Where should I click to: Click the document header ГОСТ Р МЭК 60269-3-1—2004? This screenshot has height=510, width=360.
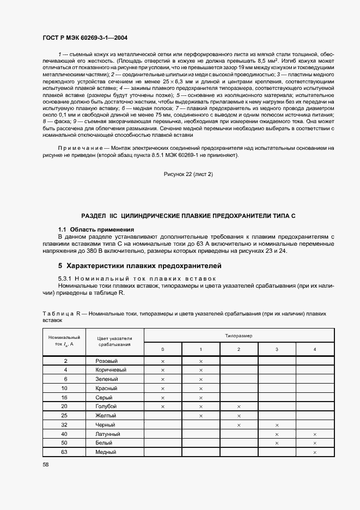85,38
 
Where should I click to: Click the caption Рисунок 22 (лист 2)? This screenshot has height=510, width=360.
188,174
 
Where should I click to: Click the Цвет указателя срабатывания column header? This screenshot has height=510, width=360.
115,341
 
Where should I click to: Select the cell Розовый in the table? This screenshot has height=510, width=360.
107,361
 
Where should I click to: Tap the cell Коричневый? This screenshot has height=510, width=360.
111,370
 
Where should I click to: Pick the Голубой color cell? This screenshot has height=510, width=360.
107,406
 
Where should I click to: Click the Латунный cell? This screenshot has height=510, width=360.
108,434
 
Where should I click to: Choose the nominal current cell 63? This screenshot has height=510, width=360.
65,452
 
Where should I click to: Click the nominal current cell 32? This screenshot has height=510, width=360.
65,425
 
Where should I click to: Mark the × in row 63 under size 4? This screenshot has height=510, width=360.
315,452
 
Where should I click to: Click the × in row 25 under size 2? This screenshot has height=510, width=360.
239,416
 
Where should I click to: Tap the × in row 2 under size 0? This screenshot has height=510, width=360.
162,361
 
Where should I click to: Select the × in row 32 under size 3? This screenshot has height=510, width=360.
277,425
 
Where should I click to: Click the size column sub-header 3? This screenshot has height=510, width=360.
277,349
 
